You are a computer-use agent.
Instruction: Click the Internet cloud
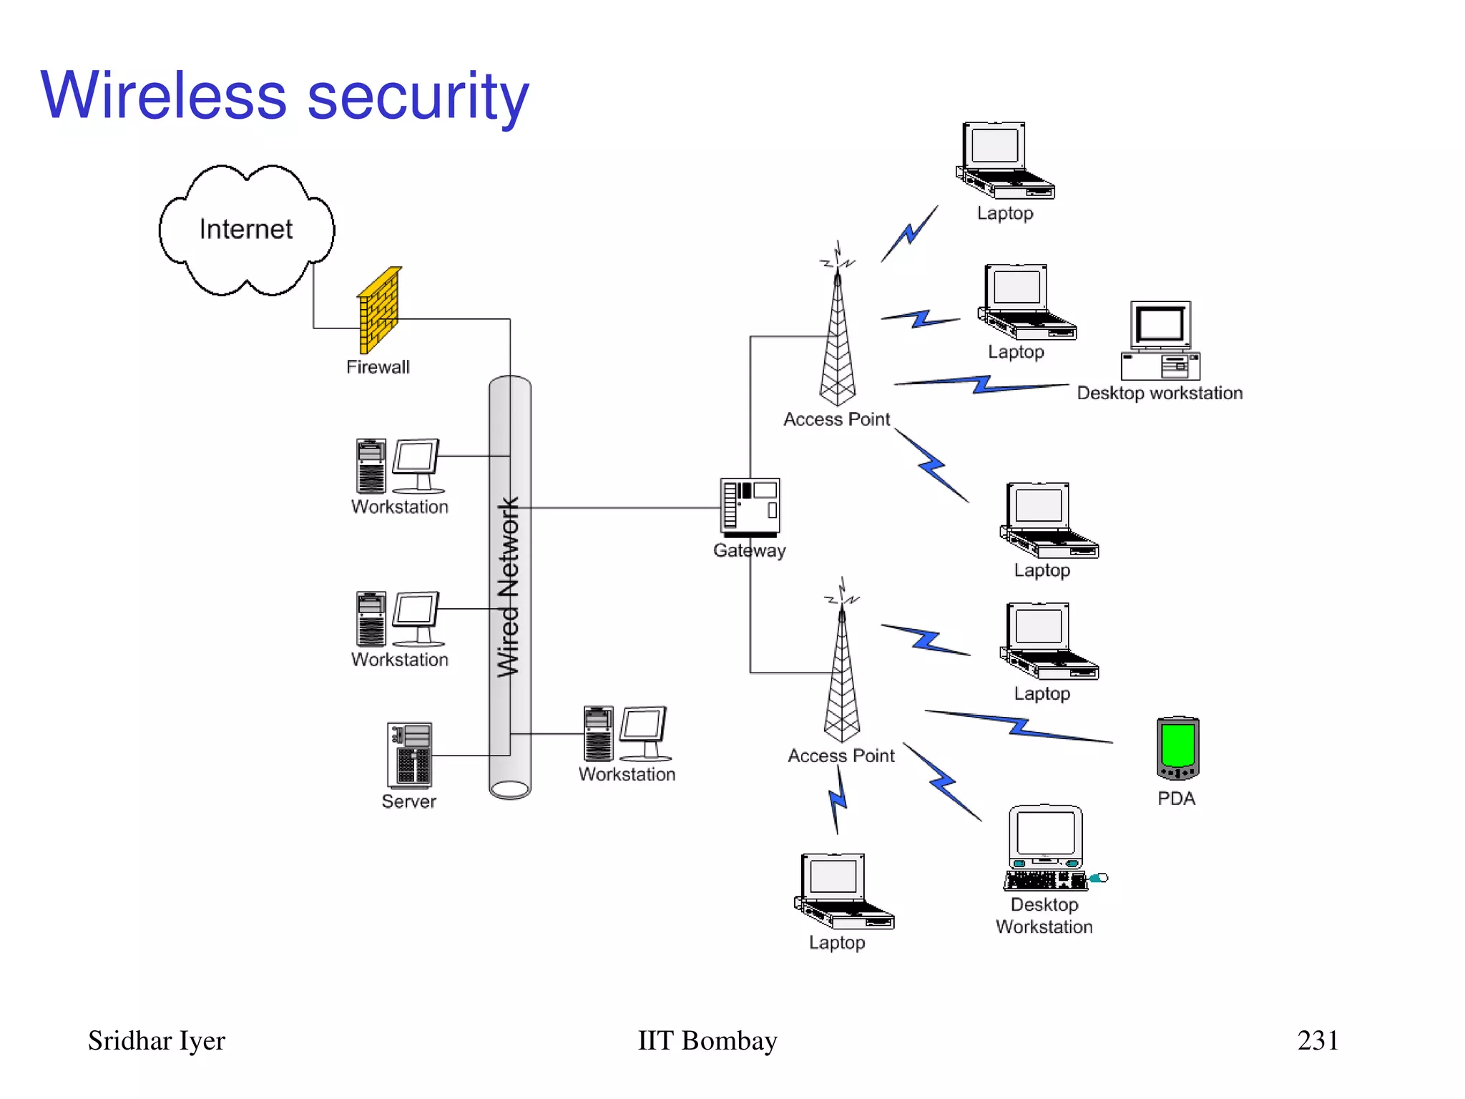[246, 230]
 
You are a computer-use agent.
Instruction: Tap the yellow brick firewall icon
[380, 311]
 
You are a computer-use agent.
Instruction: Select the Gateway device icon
[750, 507]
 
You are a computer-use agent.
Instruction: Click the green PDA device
[1177, 748]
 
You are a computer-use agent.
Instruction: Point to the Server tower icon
[410, 755]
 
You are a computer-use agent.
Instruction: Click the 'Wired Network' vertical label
[509, 587]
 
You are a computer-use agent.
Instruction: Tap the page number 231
[1318, 1040]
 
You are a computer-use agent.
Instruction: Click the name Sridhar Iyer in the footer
[156, 1040]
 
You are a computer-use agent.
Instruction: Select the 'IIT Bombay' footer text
[707, 1040]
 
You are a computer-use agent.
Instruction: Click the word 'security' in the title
[418, 97]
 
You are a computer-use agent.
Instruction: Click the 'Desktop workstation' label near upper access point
[1160, 393]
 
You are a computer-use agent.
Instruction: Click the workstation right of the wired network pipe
[627, 734]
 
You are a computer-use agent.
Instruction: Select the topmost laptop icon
[1003, 161]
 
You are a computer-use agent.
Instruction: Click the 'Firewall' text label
[378, 367]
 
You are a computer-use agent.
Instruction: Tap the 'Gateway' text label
[749, 550]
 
